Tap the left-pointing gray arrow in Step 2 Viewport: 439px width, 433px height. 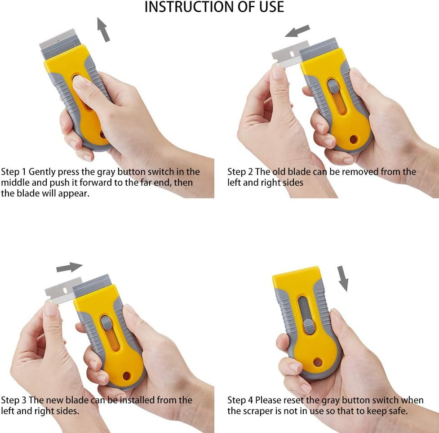click(297, 31)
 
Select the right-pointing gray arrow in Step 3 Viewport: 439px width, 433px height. click(69, 267)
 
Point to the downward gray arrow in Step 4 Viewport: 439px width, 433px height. click(343, 278)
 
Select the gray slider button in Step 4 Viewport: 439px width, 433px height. click(309, 326)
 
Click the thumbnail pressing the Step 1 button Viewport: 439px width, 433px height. click(80, 82)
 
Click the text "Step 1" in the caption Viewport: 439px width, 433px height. click(13, 172)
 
